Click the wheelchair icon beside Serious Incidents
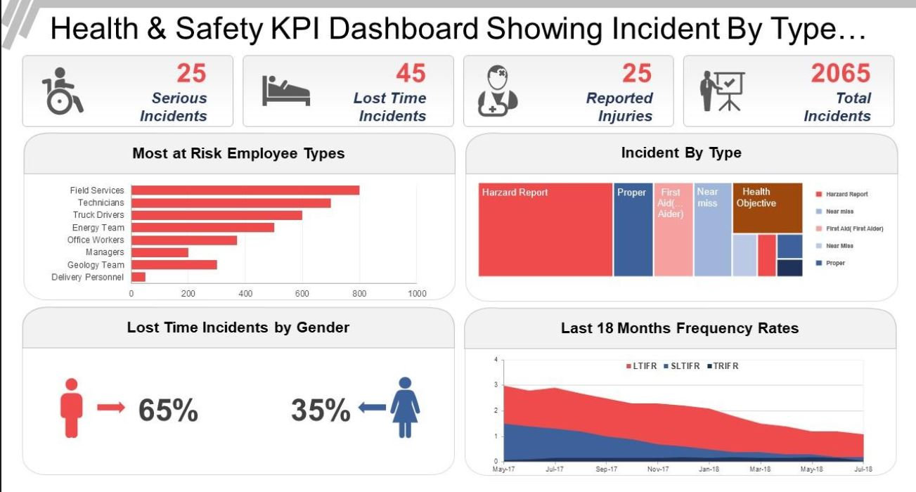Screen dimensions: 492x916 click(x=62, y=91)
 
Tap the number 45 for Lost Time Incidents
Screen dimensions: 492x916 click(x=411, y=73)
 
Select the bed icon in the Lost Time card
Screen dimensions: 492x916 click(x=285, y=91)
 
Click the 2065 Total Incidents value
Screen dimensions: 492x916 click(x=840, y=73)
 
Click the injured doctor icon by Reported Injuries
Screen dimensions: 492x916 click(x=498, y=91)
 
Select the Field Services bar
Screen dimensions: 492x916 click(x=245, y=190)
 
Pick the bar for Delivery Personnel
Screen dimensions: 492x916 click(x=138, y=277)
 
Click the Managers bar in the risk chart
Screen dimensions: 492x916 click(x=160, y=252)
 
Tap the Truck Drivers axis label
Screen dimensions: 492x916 click(x=98, y=215)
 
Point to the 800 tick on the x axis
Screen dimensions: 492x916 click(x=359, y=294)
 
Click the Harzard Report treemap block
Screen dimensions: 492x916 click(x=545, y=230)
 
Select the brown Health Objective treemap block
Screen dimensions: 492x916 click(x=767, y=208)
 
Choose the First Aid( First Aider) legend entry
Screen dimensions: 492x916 click(x=854, y=228)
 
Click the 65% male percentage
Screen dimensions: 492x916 click(x=168, y=410)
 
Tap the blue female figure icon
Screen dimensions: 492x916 click(x=405, y=407)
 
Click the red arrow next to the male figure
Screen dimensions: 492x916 click(x=110, y=407)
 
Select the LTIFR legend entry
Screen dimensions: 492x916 click(x=643, y=366)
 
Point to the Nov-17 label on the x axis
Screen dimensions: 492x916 click(x=657, y=468)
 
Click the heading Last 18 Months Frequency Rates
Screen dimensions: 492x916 click(x=680, y=328)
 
